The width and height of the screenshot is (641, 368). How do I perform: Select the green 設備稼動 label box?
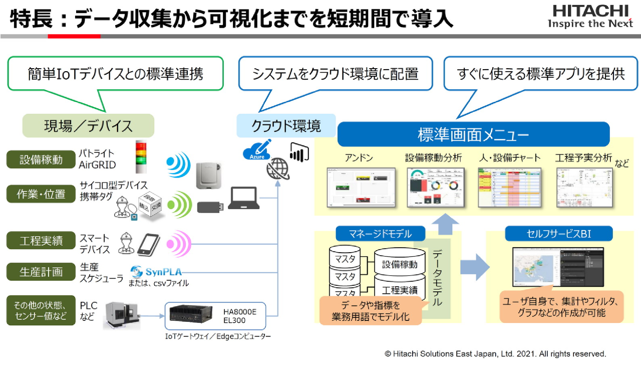click(41, 160)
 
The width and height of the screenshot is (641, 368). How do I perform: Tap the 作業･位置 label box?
click(41, 194)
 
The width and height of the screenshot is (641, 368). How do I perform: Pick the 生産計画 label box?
click(41, 272)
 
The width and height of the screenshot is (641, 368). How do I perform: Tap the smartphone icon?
click(148, 244)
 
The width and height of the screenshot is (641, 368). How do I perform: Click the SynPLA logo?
click(156, 272)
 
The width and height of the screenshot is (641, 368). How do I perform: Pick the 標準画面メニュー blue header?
click(473, 135)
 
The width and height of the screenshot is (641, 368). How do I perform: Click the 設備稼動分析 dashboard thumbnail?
click(433, 187)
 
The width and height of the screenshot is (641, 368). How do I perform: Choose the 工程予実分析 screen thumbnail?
click(583, 187)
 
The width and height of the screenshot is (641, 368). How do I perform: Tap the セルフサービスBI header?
click(558, 234)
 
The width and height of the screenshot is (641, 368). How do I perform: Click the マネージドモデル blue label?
click(380, 233)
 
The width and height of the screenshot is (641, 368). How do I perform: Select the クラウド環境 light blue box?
click(286, 126)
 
